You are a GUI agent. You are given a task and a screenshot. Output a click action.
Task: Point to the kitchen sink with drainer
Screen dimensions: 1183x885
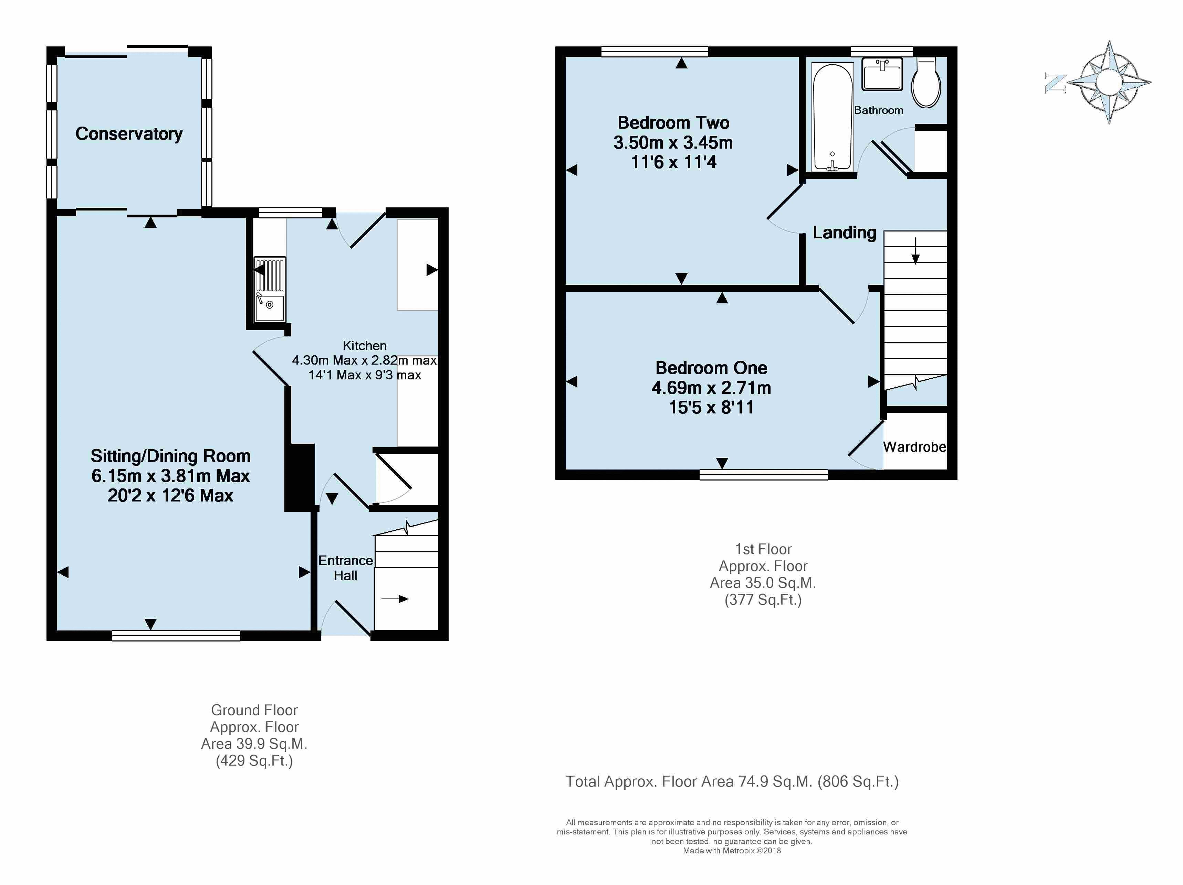[x=270, y=289]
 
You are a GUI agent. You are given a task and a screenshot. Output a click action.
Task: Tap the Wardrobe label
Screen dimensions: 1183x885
[x=914, y=447]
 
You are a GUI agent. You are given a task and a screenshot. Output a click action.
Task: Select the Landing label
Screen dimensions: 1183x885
[x=845, y=233]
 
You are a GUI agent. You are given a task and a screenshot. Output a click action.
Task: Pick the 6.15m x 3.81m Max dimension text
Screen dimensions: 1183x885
[x=171, y=476]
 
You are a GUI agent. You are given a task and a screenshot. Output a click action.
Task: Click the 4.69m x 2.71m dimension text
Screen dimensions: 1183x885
[x=711, y=387]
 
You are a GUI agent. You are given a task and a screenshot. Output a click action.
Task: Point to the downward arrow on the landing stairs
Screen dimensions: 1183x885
[x=915, y=251]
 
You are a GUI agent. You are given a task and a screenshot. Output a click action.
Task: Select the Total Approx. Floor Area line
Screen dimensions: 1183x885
[x=732, y=782]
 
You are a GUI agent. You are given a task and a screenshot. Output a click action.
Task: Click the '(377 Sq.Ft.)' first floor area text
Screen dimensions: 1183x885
[x=763, y=600]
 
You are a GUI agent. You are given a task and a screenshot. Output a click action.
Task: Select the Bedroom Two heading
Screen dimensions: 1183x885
[x=673, y=123]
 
